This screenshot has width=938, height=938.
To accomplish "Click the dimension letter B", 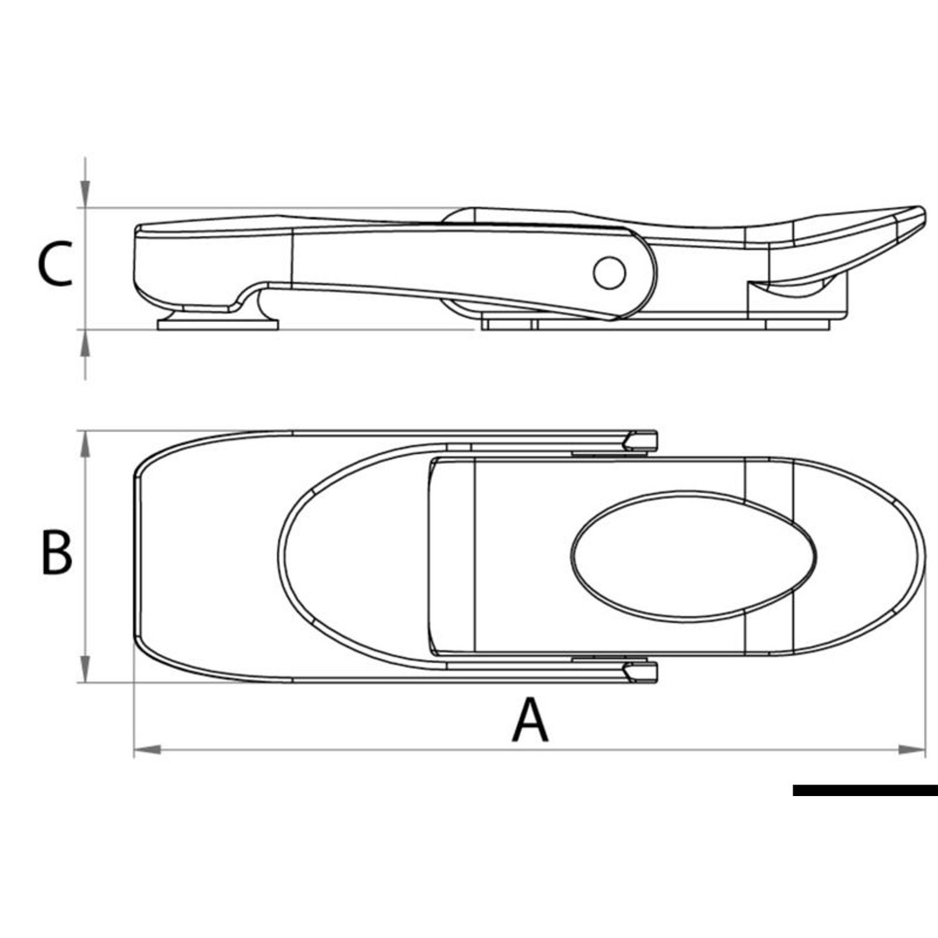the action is click(56, 552).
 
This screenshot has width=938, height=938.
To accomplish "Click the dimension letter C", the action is click(54, 264).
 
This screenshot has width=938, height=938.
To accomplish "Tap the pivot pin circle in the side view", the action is click(609, 273).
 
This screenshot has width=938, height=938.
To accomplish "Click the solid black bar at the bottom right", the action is click(865, 790).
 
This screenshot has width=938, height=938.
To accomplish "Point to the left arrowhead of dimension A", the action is click(148, 749).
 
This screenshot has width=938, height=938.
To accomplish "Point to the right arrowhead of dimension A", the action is click(912, 749).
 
